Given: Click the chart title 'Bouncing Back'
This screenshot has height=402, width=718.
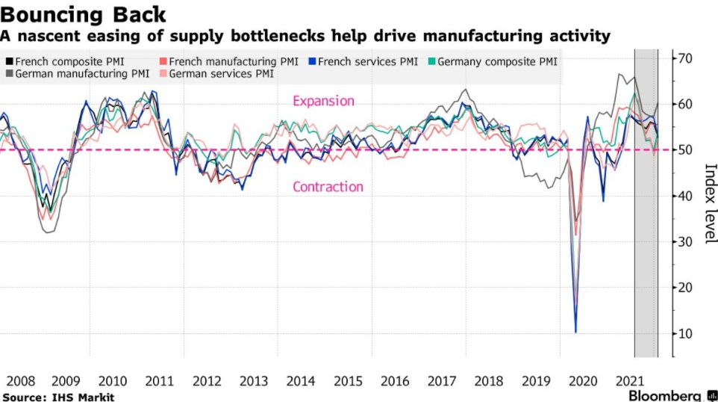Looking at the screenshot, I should (84, 13).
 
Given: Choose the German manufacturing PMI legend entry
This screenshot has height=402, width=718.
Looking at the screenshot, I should (78, 74).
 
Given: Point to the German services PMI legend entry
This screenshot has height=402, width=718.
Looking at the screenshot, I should (216, 74).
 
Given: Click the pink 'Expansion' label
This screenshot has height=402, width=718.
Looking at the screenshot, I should (323, 101).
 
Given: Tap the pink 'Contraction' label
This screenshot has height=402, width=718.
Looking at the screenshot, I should (328, 187).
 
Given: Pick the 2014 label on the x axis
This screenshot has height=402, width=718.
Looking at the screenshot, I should (301, 381).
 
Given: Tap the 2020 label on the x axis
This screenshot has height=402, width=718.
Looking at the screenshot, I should (582, 381).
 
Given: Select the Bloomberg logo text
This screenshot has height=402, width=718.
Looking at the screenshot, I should (664, 395).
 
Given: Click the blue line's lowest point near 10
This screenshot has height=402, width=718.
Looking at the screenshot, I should (575, 332).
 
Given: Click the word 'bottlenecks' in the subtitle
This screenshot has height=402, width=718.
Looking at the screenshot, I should (331, 35).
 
